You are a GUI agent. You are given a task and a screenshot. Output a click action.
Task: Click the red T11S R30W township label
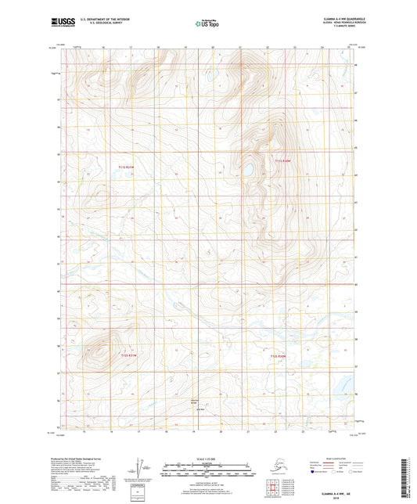coord(282,160)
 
